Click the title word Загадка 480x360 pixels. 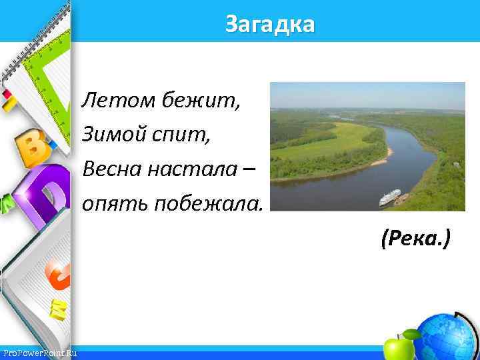pos(269,25)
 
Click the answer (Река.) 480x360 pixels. pos(415,236)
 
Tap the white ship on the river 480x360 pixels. pos(389,197)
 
